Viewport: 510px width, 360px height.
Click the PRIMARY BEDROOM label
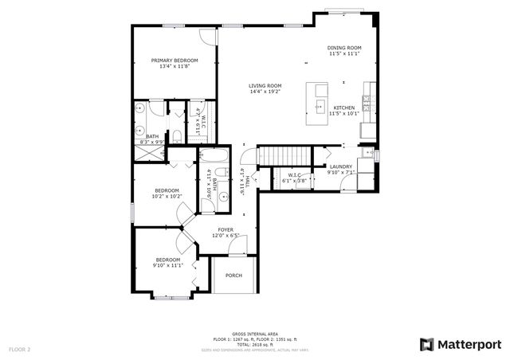[175, 61]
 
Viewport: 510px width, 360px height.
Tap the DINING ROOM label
[343, 48]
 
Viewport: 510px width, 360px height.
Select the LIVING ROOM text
[265, 85]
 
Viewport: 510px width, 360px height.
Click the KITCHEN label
[343, 108]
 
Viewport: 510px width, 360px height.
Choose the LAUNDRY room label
[341, 166]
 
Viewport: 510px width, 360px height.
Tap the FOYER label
[226, 229]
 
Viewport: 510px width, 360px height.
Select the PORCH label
[233, 276]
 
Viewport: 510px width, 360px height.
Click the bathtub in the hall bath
[214, 156]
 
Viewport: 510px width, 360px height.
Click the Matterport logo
[461, 344]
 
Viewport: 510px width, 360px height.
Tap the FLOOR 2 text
[20, 349]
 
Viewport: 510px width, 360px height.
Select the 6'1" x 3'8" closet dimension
[294, 181]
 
